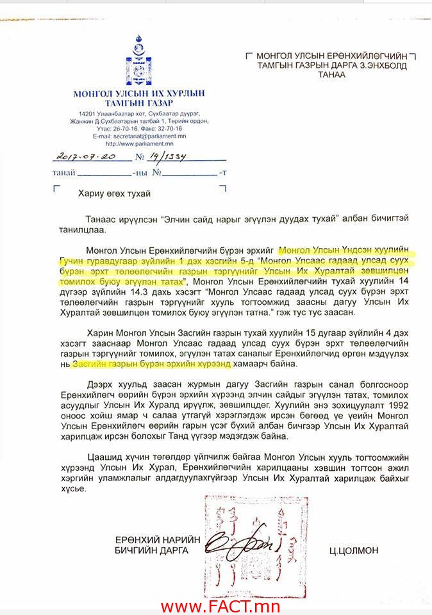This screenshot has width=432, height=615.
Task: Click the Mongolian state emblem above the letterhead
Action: pyautogui.click(x=138, y=61)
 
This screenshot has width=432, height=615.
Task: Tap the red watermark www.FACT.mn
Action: pyautogui.click(x=216, y=605)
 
